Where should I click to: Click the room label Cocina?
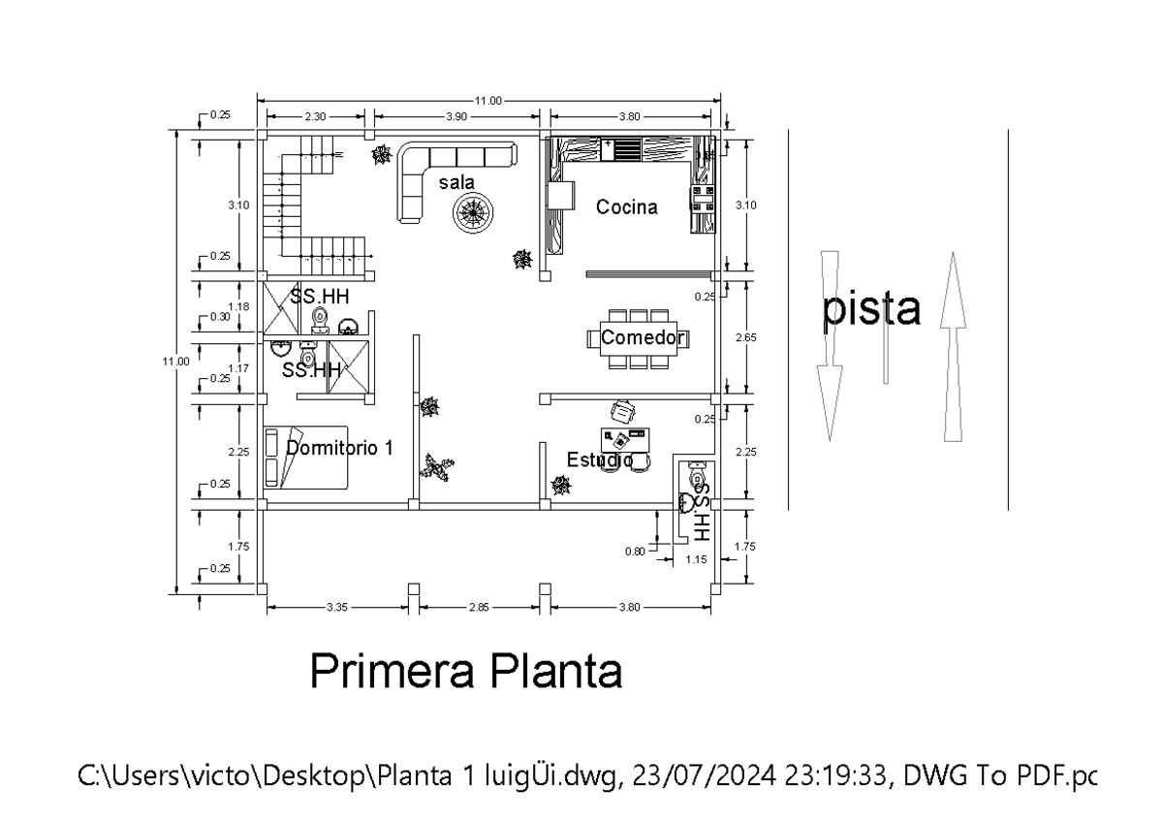pyautogui.click(x=626, y=206)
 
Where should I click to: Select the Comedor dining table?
pyautogui.click(x=637, y=338)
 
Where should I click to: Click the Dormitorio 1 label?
pyautogui.click(x=339, y=448)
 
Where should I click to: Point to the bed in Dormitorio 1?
pyautogui.click(x=305, y=458)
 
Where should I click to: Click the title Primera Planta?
pyautogui.click(x=466, y=672)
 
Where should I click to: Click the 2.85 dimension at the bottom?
pyautogui.click(x=479, y=608)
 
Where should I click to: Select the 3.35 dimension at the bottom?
pyautogui.click(x=337, y=608)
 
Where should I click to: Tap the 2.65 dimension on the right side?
pyautogui.click(x=745, y=336)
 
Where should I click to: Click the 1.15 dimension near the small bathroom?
pyautogui.click(x=695, y=559)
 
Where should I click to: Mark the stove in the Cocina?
pyautogui.click(x=703, y=199)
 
